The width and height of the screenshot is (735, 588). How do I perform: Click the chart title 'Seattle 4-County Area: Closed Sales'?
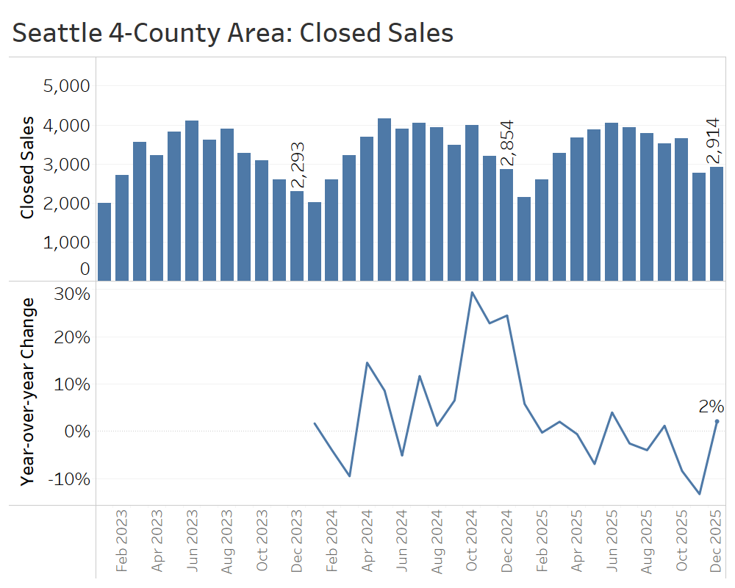[233, 33]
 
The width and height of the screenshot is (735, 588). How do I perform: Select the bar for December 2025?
[717, 223]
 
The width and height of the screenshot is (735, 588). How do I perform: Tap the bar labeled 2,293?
[296, 235]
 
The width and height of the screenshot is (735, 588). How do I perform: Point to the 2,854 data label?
[506, 144]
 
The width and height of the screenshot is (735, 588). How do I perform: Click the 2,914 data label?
[713, 141]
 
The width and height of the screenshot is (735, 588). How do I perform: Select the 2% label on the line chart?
[711, 406]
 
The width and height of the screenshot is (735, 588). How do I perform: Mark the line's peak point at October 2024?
[472, 293]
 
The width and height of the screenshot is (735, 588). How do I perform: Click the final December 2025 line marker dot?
[717, 421]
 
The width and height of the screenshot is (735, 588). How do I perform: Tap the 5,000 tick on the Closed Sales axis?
[66, 86]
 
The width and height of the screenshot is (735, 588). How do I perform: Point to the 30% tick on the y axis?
[72, 294]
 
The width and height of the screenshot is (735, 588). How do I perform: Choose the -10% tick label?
[68, 478]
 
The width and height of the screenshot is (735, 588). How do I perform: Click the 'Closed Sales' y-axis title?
[27, 168]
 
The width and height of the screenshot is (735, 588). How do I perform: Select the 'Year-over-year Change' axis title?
[28, 391]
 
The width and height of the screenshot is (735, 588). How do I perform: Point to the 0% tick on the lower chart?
[75, 431]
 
